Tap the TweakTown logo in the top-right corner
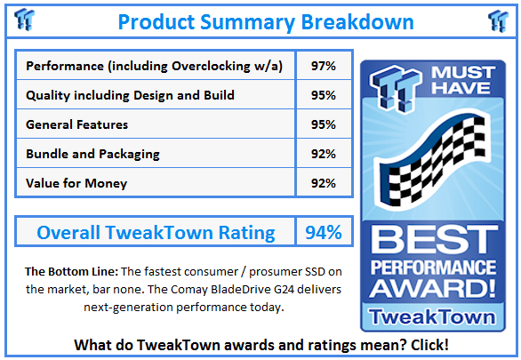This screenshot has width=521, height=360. pyautogui.click(x=498, y=20)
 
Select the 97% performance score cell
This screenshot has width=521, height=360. pyautogui.click(x=324, y=66)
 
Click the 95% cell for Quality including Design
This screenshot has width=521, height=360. pyautogui.click(x=324, y=95)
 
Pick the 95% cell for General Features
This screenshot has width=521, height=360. pyautogui.click(x=324, y=124)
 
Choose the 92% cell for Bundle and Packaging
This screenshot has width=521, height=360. pyautogui.click(x=324, y=154)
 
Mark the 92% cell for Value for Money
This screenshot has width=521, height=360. pyautogui.click(x=324, y=183)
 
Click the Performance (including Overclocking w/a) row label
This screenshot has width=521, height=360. pyautogui.click(x=156, y=66)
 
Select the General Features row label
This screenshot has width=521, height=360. pyautogui.click(x=77, y=124)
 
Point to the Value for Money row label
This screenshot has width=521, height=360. pyautogui.click(x=76, y=183)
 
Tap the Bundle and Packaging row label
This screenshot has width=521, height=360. pyautogui.click(x=92, y=154)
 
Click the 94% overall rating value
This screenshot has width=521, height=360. pyautogui.click(x=323, y=233)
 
